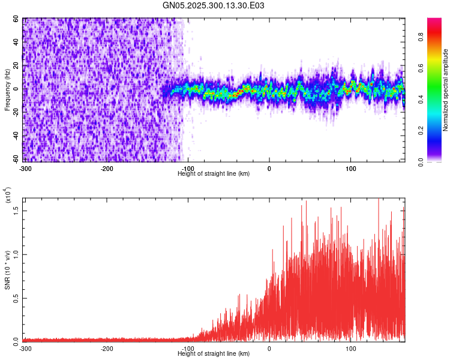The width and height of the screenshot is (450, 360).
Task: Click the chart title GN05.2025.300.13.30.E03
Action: click(214, 5)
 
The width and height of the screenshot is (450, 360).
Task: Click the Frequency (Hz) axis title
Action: click(7, 89)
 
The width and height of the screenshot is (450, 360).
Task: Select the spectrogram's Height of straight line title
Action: click(214, 173)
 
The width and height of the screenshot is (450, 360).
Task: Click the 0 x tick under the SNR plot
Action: click(269, 348)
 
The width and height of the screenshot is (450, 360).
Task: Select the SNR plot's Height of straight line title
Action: click(214, 354)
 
